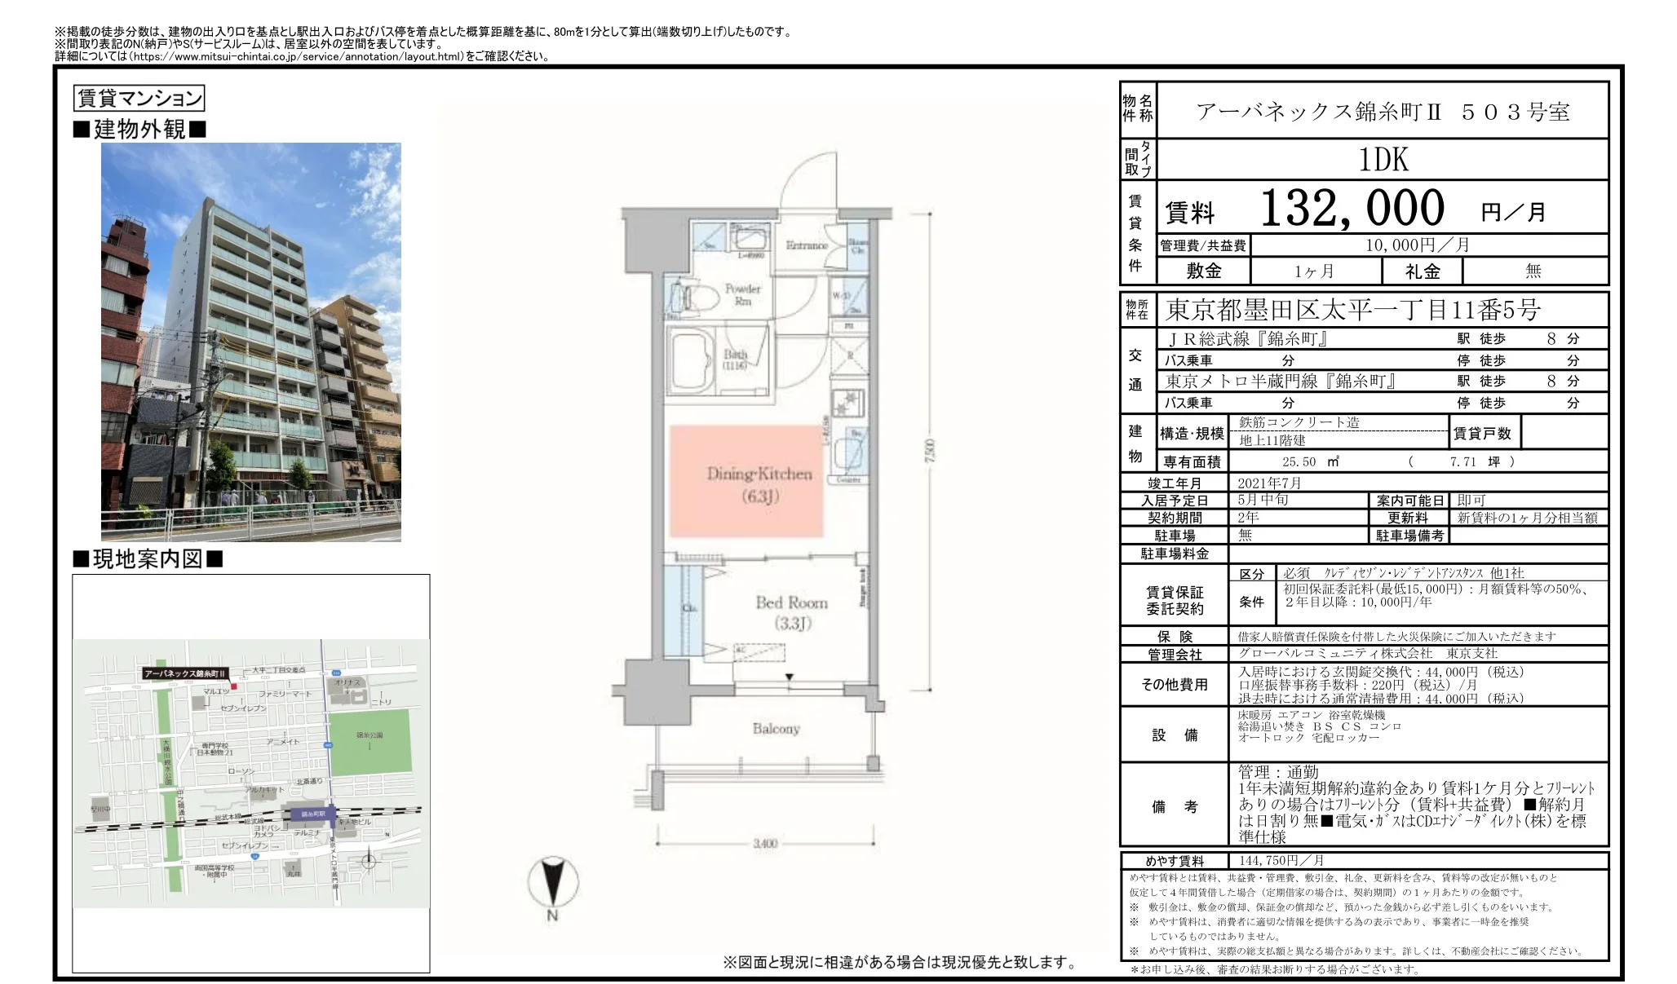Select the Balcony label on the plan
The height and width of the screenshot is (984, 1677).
776,729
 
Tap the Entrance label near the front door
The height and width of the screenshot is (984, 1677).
806,245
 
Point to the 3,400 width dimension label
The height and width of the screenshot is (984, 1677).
764,844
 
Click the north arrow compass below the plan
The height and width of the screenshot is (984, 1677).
552,884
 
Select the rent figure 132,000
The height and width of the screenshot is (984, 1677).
1352,209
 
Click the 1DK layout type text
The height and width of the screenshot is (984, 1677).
1383,160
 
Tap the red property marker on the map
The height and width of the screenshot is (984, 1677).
233,686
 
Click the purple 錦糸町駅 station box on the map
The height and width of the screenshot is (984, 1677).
311,814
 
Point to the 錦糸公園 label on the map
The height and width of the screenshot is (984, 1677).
369,735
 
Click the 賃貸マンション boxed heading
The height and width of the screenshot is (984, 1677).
139,99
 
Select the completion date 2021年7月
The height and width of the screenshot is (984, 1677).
1270,483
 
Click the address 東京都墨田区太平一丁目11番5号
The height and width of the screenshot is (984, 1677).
1352,311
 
